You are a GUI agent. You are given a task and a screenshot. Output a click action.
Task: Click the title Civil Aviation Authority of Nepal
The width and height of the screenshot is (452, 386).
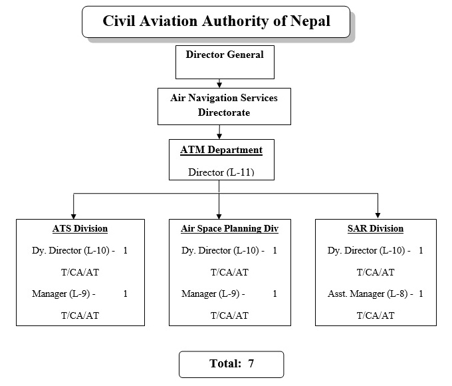click(216, 21)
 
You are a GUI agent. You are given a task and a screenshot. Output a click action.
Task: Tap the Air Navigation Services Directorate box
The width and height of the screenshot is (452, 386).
click(224, 105)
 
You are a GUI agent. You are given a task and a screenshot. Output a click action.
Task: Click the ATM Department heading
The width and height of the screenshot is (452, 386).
click(221, 150)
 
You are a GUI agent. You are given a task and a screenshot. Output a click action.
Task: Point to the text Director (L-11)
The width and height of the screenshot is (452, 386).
click(221, 172)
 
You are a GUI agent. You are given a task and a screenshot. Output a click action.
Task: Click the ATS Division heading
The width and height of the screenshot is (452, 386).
click(80, 228)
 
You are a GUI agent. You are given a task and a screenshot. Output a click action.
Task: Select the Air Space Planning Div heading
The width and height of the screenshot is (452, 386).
click(229, 228)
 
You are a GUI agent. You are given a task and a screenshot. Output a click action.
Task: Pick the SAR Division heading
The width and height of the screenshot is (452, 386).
click(375, 228)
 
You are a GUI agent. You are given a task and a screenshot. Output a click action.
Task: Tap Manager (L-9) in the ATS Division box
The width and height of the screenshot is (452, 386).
click(63, 293)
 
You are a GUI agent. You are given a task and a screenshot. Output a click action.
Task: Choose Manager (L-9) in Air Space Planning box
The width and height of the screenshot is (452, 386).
click(213, 293)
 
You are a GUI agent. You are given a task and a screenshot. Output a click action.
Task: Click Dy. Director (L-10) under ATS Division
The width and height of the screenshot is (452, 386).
click(74, 251)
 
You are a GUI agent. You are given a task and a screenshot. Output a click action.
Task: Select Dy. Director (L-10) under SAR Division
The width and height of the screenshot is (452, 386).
click(370, 251)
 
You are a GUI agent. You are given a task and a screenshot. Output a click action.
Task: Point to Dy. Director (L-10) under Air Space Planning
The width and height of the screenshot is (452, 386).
click(223, 251)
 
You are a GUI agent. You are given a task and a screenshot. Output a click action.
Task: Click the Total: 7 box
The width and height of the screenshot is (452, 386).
click(231, 364)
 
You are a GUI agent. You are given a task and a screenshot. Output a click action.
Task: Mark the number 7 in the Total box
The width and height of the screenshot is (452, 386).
click(251, 364)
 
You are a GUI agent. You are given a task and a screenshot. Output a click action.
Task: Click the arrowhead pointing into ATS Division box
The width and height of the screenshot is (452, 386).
click(73, 215)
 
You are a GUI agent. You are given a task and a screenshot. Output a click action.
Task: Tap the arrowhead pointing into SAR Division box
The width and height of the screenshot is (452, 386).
click(378, 215)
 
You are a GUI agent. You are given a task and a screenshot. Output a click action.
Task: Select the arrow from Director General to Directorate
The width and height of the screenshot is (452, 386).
click(219, 83)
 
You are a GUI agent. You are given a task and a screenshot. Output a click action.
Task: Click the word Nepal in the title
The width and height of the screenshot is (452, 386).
click(310, 21)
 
